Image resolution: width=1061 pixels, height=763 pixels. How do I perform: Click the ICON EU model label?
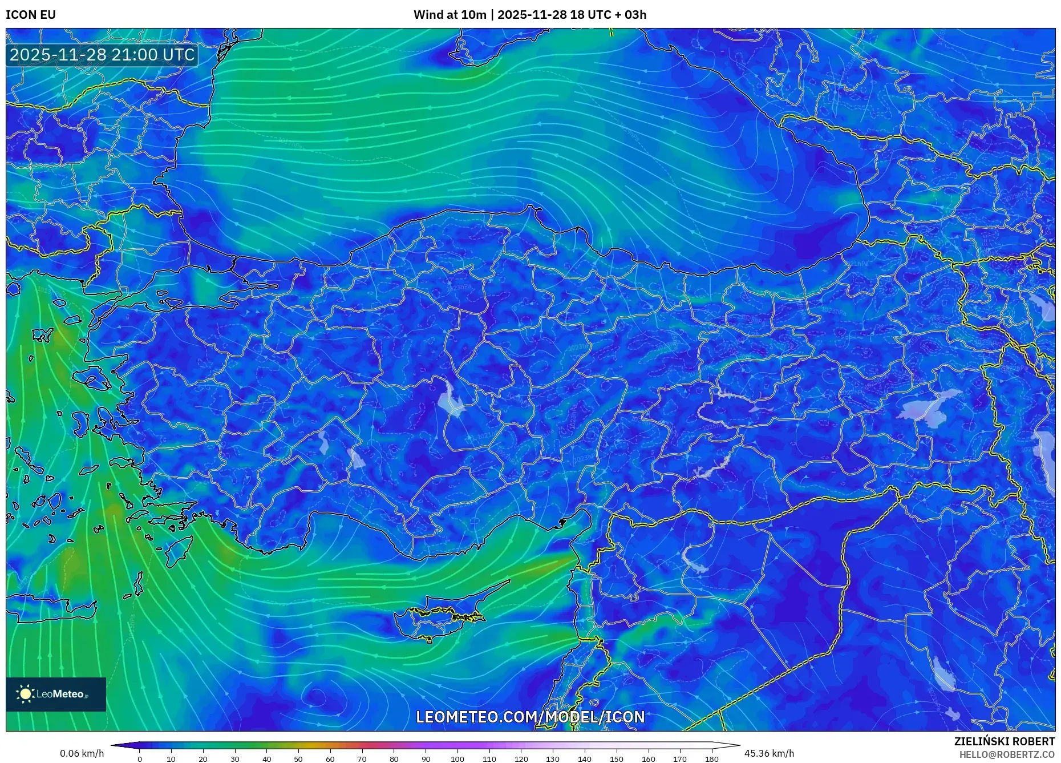click(31, 15)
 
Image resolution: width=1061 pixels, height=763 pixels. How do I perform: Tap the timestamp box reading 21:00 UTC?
click(102, 55)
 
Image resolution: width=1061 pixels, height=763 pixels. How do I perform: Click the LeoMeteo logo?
click(56, 694)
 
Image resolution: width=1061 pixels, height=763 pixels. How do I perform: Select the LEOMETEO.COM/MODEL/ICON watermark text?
click(530, 717)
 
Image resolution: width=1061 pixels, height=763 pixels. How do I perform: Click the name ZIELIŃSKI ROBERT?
click(1004, 741)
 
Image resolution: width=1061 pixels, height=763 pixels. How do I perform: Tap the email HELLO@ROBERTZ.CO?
click(1006, 754)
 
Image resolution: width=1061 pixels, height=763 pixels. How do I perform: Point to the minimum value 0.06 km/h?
click(82, 753)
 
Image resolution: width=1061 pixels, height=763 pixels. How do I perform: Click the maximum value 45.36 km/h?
click(769, 753)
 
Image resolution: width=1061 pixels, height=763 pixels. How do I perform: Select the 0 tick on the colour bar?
click(139, 759)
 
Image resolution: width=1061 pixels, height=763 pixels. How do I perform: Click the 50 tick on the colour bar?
click(298, 759)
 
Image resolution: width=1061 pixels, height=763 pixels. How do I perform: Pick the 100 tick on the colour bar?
click(457, 759)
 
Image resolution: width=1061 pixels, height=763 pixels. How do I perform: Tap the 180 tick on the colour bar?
click(711, 759)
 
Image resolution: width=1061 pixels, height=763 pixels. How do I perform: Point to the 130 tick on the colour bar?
click(553, 759)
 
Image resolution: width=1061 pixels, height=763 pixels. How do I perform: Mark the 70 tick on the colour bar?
click(362, 759)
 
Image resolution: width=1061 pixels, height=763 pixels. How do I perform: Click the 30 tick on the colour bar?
click(234, 759)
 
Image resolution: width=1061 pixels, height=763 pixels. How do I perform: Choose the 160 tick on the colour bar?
click(648, 759)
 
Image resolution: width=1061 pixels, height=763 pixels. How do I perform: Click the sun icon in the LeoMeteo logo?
click(25, 694)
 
